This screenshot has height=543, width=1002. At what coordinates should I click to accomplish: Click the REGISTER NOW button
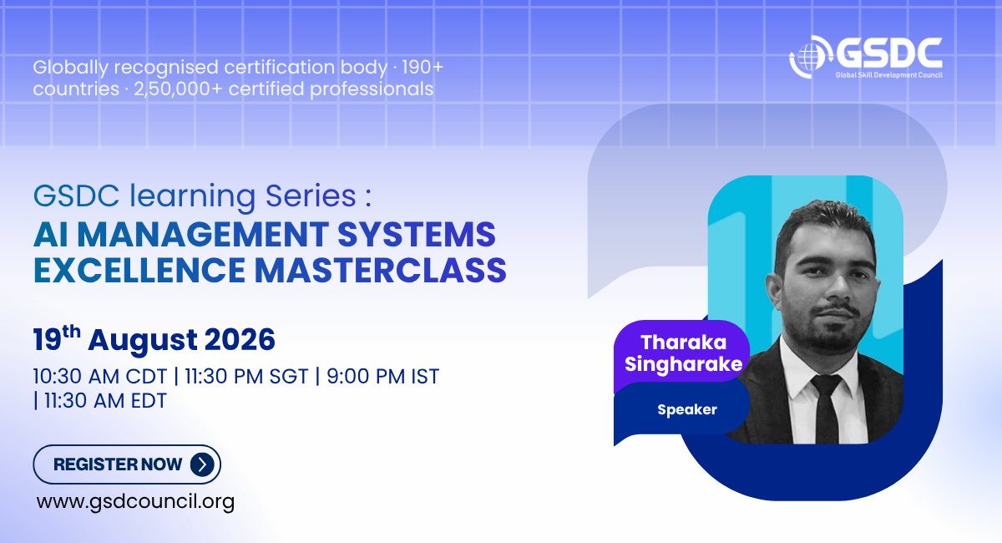pyautogui.click(x=127, y=464)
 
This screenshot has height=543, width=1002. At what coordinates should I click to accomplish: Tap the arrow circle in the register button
pyautogui.click(x=202, y=464)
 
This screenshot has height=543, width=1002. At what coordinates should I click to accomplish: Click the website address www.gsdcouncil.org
pyautogui.click(x=135, y=501)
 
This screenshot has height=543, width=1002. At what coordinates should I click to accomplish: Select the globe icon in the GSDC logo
pyautogui.click(x=809, y=58)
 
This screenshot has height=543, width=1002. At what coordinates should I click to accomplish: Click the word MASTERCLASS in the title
pyautogui.click(x=380, y=270)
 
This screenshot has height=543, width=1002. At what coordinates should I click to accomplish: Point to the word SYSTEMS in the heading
pyautogui.click(x=417, y=234)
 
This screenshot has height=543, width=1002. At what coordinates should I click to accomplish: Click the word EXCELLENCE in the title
pyautogui.click(x=139, y=270)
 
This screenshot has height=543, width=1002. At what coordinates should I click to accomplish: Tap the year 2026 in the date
pyautogui.click(x=240, y=340)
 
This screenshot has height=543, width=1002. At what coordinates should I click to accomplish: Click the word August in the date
pyautogui.click(x=143, y=341)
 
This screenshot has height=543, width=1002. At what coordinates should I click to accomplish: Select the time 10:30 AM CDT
pyautogui.click(x=99, y=377)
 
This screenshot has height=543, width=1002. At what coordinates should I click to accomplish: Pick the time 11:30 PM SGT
pyautogui.click(x=246, y=377)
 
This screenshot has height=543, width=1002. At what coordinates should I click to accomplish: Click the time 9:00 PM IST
pyautogui.click(x=383, y=377)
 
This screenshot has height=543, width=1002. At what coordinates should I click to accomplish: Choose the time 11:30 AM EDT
pyautogui.click(x=105, y=401)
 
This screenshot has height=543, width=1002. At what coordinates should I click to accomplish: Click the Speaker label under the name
pyautogui.click(x=687, y=409)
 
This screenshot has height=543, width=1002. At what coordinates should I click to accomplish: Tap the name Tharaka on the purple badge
pyautogui.click(x=684, y=343)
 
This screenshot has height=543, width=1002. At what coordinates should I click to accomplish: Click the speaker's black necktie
pyautogui.click(x=827, y=409)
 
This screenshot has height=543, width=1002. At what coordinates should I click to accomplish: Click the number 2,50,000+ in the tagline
pyautogui.click(x=178, y=89)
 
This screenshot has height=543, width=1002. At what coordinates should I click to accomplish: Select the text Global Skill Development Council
pyautogui.click(x=888, y=74)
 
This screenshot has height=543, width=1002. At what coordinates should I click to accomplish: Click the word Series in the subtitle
pyautogui.click(x=311, y=195)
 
